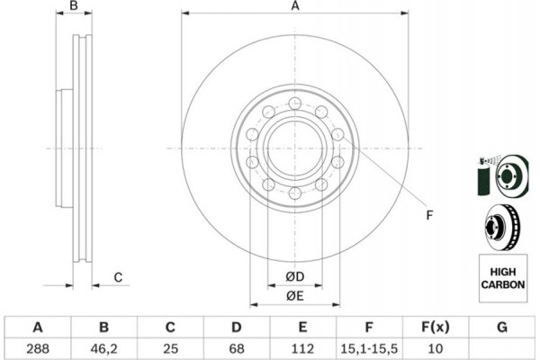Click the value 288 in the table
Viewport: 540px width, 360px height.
[38, 348]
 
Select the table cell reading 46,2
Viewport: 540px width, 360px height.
[103, 348]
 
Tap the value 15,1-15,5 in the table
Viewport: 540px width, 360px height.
[369, 348]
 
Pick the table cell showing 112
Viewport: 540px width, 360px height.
[302, 348]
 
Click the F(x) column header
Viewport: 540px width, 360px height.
[436, 327]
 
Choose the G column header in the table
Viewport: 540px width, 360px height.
[502, 327]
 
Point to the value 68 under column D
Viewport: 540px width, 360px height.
[236, 348]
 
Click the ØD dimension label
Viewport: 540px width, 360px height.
[295, 276]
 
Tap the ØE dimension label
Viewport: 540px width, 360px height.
[295, 296]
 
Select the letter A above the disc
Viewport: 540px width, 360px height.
[295, 6]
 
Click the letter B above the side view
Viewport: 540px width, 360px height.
[74, 5]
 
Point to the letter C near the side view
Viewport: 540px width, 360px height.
[118, 277]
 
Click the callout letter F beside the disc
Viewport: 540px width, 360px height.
[429, 215]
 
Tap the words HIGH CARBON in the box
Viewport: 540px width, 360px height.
[503, 278]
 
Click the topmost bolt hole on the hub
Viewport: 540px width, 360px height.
[295, 103]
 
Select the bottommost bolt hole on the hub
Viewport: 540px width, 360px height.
[295, 193]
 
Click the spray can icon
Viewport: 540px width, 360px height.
[485, 176]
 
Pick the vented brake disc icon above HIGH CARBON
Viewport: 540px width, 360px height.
[502, 228]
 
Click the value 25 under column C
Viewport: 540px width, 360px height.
[170, 348]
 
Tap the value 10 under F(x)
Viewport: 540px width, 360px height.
[435, 348]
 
